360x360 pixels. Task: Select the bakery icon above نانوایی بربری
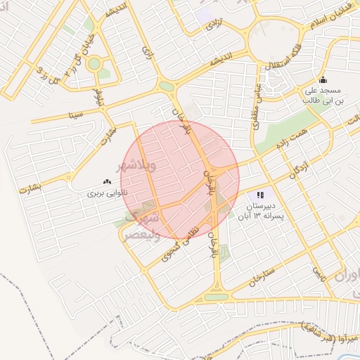107,181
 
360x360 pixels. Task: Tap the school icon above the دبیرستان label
261,195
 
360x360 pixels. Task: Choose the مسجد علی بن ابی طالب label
323,96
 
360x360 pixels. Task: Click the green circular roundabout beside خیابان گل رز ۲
94,64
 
